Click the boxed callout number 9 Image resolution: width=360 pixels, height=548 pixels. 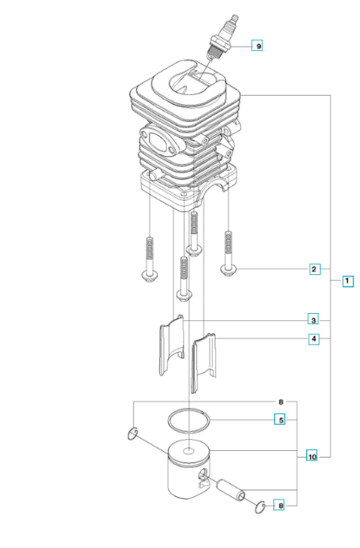coord(257,46)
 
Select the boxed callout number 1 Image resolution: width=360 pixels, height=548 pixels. coord(348,281)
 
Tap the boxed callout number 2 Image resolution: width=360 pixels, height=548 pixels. coord(314,269)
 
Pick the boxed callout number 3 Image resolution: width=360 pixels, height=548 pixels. coord(313,320)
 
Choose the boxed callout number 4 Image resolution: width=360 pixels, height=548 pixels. coord(314,339)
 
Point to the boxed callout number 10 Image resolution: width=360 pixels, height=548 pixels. coord(312,456)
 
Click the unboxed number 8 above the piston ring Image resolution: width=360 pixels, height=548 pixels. coord(281,402)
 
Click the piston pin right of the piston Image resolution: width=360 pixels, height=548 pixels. coord(230,490)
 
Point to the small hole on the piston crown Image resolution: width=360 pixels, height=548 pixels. coord(189,451)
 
